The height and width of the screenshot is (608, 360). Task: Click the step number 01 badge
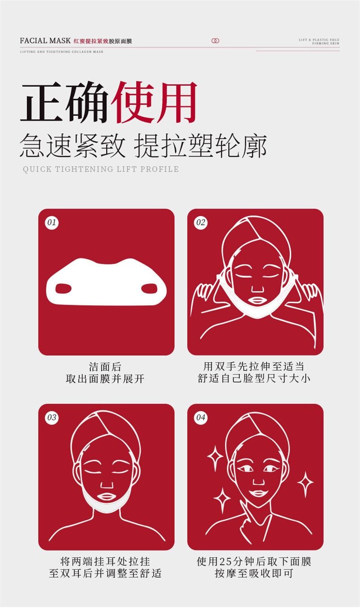point(52,222)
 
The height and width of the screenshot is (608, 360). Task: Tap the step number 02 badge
point(201,222)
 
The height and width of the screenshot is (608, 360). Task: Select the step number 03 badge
point(52,417)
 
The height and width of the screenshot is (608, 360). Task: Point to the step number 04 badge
point(201,417)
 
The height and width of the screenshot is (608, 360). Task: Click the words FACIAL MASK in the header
point(45,41)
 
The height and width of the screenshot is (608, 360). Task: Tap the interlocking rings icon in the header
point(215,41)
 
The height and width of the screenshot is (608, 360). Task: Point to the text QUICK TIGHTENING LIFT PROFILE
point(101,169)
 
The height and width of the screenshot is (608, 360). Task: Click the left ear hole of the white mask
point(63,288)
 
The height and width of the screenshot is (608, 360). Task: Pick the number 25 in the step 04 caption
point(225,562)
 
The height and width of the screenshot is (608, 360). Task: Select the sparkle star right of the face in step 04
point(305,483)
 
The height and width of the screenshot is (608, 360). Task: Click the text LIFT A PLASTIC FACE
point(319,40)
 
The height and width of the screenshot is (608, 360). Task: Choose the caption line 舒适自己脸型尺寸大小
point(254,378)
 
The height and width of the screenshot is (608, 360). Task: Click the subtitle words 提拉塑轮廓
point(201,145)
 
